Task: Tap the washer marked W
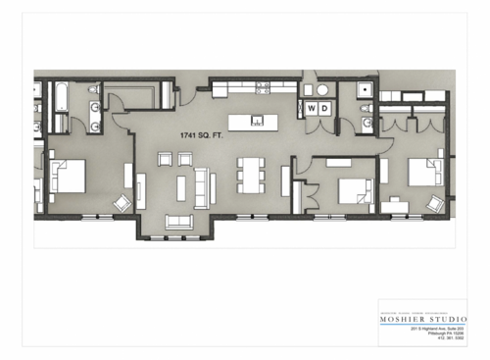pos(313,108)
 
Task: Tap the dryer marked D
pos(324,108)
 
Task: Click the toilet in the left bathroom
pos(94,90)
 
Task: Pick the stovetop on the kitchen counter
pos(263,87)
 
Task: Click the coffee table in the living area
pos(184,184)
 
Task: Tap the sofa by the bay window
pos(179,221)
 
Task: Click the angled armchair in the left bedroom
pos(123,203)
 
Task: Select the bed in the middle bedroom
pos(351,190)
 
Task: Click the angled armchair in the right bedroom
pos(435,203)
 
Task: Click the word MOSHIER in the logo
pos(406,319)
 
